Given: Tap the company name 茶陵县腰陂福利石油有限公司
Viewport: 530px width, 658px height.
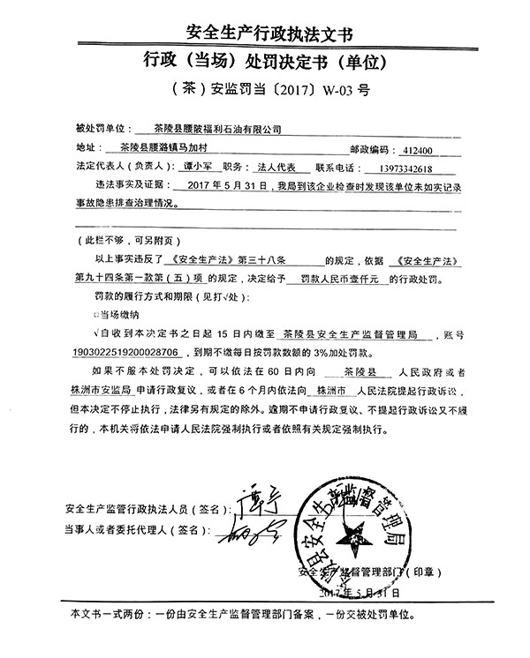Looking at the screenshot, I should point(216,130).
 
